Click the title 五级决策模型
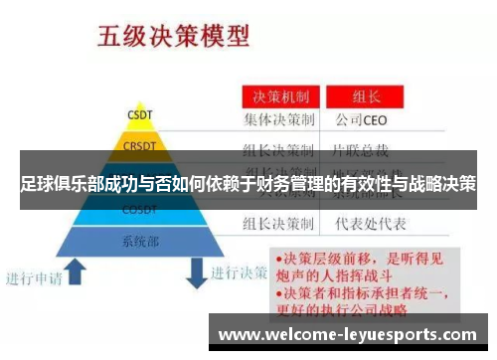point(172,38)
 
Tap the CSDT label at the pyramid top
point(139,114)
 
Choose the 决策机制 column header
point(281,97)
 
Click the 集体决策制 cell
point(280,123)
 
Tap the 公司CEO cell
point(363,123)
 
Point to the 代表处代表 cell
point(367,223)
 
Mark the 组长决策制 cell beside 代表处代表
point(280,223)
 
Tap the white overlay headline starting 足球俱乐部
point(248,185)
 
